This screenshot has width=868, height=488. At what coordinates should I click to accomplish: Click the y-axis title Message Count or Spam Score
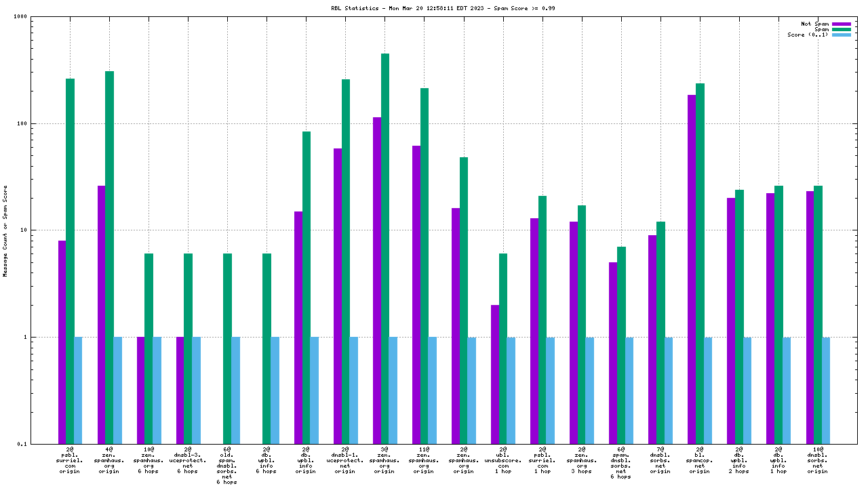5,230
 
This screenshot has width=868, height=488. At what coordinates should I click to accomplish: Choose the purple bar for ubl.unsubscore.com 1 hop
495,374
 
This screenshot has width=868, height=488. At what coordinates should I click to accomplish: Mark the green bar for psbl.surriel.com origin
71,261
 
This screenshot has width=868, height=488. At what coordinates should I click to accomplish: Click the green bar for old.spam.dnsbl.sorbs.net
228,348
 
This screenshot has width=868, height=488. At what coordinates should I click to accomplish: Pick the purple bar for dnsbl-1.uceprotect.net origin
338,296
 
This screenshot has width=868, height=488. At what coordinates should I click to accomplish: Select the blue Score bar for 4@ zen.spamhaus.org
118,390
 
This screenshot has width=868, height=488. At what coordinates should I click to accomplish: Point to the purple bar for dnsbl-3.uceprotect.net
180,390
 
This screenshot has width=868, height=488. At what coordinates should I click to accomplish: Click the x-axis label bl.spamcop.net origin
699,460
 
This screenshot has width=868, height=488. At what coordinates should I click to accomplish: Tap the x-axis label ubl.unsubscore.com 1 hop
502,460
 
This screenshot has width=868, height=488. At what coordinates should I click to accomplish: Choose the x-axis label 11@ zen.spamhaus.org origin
424,460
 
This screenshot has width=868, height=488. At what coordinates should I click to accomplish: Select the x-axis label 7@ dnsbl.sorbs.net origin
660,460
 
